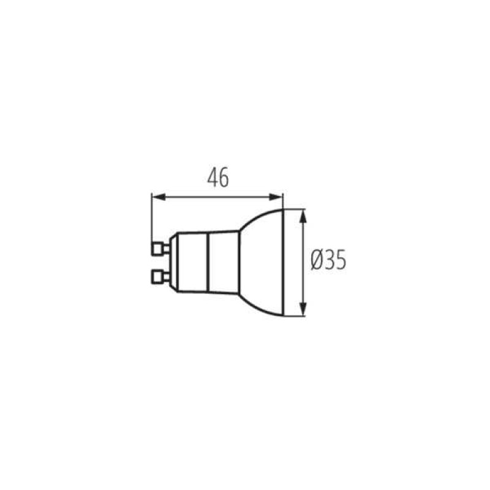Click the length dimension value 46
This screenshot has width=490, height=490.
click(217, 178)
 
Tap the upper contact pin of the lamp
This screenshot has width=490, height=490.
click(160, 248)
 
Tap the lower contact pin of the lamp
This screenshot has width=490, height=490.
click(160, 276)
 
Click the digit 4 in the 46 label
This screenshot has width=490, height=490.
click(212, 178)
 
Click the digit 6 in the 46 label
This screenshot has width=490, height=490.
click(224, 178)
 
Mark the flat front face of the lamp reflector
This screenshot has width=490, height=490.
click(283, 262)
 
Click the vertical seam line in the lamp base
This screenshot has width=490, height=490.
click(209, 262)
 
